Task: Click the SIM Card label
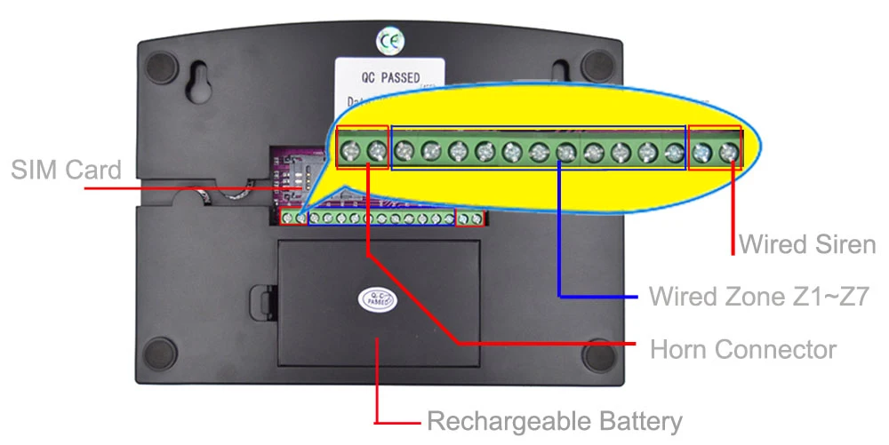point(66,170)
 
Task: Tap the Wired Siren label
point(807,243)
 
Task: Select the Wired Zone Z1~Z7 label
point(758,295)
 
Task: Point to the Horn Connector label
point(742,349)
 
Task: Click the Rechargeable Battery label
point(554,421)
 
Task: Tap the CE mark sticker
point(389,40)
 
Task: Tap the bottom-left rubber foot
point(161,354)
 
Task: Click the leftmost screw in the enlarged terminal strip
point(350,150)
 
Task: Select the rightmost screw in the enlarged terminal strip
point(729,152)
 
